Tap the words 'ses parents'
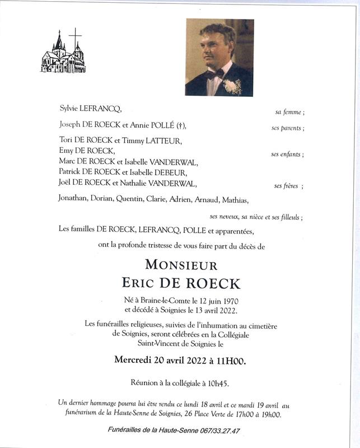pos(287,128)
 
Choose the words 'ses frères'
pos(286,186)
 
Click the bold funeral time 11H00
pos(230,361)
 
